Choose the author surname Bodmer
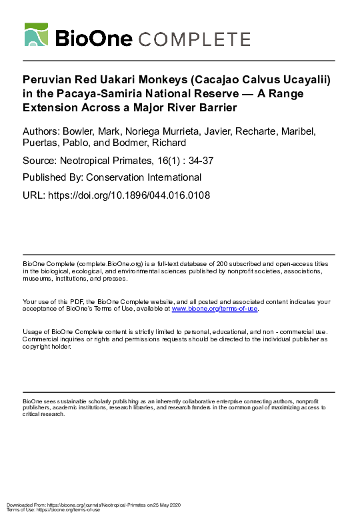pyautogui.click(x=164, y=143)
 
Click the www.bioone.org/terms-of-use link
pyautogui.click(x=215, y=309)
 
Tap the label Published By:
pyautogui.click(x=51, y=177)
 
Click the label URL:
pyautogui.click(x=34, y=195)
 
